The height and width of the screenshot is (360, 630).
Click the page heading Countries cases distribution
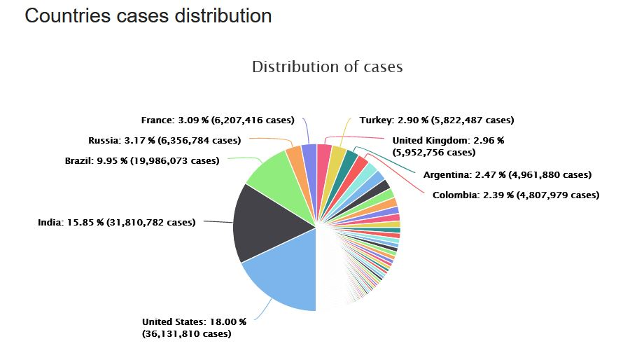click(x=148, y=15)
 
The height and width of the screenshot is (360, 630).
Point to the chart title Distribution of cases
click(x=327, y=67)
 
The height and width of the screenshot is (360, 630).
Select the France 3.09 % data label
click(x=217, y=120)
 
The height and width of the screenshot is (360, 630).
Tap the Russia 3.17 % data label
click(x=164, y=140)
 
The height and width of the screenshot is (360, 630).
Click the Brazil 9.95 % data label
click(x=141, y=160)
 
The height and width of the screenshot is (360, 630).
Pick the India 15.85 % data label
click(x=116, y=223)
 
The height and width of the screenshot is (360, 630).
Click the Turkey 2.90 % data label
click(x=437, y=120)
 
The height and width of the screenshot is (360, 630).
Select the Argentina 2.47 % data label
click(x=507, y=174)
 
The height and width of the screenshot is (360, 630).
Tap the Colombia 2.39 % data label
click(x=516, y=195)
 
